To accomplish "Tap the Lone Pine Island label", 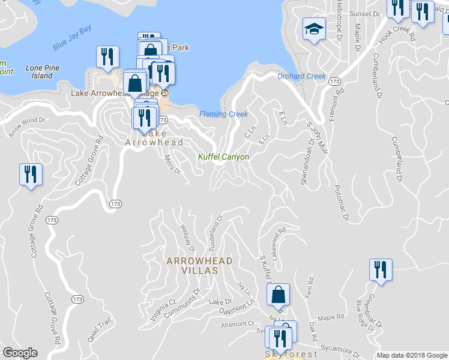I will coord(43,72).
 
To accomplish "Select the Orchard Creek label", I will coord(301,76).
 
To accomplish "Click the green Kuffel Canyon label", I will coord(223,157).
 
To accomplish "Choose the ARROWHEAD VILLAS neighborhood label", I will coord(192,265).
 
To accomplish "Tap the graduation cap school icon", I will coord(313,29).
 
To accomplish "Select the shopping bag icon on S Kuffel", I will coord(278,294).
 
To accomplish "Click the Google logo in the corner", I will coord(20,353).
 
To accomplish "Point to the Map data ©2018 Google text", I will coord(411,355).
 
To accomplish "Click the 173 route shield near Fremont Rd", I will coord(334,81).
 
